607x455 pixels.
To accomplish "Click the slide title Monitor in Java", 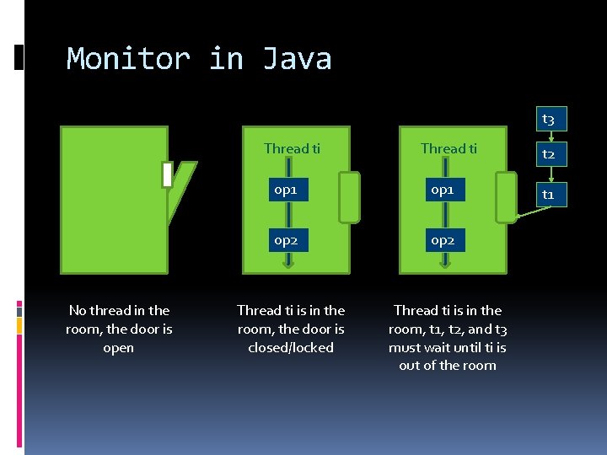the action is point(199,59).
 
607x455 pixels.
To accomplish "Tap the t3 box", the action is point(548,120).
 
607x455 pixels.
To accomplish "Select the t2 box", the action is point(548,154).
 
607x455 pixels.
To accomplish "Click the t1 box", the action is point(548,195).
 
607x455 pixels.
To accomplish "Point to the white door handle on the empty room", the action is point(167,175).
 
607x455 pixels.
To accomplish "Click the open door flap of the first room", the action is point(182,190).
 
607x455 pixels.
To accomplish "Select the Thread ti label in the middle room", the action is point(292,149).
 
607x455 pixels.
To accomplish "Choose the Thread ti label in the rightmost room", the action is point(449,149).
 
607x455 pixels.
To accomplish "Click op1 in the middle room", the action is point(286,190).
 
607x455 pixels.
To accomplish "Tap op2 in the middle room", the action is point(286,240).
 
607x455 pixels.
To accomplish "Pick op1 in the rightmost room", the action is point(443,190).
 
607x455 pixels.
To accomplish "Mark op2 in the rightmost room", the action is point(443,240).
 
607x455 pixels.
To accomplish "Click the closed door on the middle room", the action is point(349,197).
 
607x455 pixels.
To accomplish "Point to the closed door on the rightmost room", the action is point(506,197).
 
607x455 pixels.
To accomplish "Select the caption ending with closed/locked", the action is point(291,329).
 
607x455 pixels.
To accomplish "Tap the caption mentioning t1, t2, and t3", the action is point(448,337).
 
